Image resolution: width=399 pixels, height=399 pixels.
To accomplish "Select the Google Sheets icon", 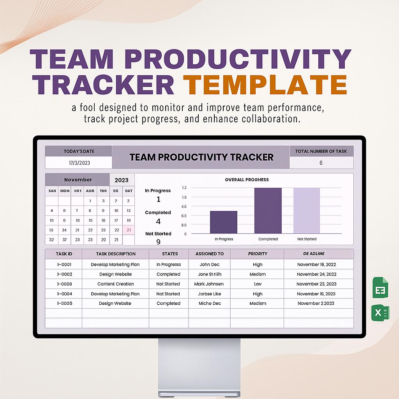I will [380, 287].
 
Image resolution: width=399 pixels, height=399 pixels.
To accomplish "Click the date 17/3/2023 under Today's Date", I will [79, 162].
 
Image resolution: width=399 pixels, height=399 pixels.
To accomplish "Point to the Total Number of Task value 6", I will [321, 163].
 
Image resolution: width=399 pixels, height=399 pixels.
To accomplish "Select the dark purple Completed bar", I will [268, 210].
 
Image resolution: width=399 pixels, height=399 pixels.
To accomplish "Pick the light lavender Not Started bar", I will [307, 210].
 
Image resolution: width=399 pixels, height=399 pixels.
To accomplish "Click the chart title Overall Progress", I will [247, 180].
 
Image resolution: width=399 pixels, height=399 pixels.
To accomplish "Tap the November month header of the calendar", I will [78, 180].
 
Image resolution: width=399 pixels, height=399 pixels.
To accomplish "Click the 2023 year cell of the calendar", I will [122, 180].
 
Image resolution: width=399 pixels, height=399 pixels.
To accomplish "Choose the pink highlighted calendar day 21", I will [129, 230].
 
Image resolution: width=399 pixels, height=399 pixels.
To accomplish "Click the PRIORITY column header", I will [258, 254].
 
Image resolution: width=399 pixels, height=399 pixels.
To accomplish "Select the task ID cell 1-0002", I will [64, 274].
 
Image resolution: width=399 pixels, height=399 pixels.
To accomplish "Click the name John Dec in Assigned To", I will [210, 265].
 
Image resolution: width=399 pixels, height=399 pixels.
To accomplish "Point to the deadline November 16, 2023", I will [316, 294].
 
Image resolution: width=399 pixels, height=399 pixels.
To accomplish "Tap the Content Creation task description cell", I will [115, 284].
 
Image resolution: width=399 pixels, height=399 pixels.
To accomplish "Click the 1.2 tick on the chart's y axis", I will [184, 188].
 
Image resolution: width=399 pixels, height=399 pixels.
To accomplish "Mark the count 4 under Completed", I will [158, 221].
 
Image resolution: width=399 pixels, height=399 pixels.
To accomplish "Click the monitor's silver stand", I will [199, 366].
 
